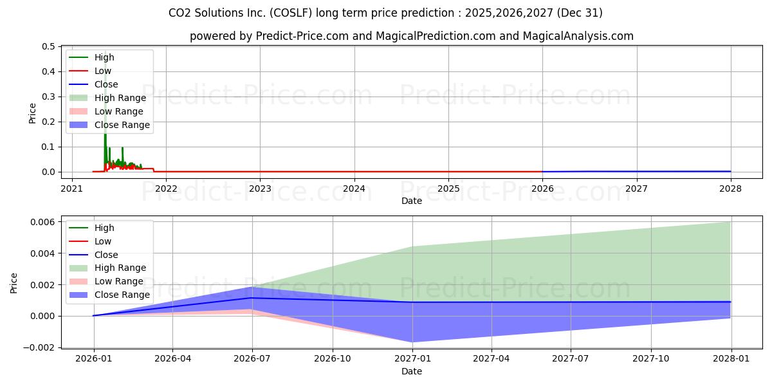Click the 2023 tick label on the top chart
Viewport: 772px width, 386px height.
(x=260, y=188)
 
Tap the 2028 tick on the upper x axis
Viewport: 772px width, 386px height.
(x=731, y=188)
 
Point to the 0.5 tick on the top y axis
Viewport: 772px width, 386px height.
(x=48, y=46)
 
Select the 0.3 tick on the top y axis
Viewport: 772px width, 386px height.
(x=48, y=96)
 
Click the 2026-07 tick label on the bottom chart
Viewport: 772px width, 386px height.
(x=252, y=359)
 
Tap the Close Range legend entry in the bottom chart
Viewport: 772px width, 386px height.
(x=122, y=295)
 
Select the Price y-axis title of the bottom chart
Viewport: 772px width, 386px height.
(x=15, y=282)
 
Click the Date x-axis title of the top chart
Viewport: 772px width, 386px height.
(x=412, y=201)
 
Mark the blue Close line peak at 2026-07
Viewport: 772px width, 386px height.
(x=252, y=298)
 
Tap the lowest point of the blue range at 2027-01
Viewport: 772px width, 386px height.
(x=412, y=342)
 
